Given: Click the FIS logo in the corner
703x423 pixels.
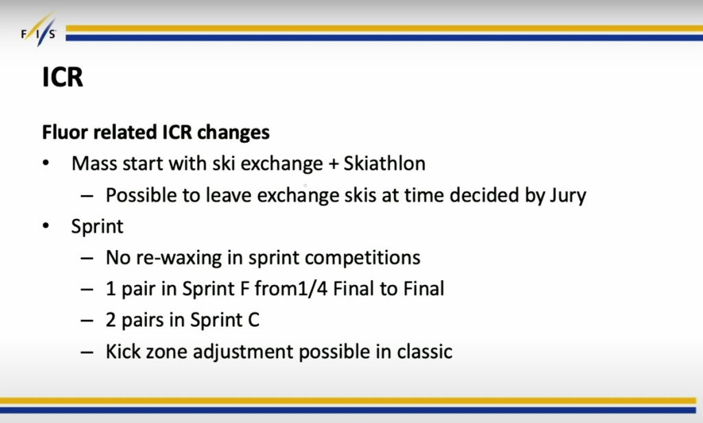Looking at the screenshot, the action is coord(38,30).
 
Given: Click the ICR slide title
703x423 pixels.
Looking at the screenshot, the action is coord(62,77).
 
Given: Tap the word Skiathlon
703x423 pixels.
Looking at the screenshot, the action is coord(384,163).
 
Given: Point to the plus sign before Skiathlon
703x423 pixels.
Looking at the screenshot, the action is coord(333,164).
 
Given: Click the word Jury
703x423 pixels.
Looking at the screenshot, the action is coord(568,196).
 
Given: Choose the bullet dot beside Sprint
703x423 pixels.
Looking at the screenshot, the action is coord(46,226).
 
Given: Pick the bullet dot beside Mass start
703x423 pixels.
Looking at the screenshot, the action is coord(46,163).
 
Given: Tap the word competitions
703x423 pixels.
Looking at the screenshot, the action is coord(362,258).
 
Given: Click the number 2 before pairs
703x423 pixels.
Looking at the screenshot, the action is coord(111,320).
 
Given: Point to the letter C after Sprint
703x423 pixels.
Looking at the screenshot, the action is coord(253,320).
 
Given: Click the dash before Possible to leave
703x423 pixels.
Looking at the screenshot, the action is coord(87,196).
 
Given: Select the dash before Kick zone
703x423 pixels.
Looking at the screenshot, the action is coord(87,352).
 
